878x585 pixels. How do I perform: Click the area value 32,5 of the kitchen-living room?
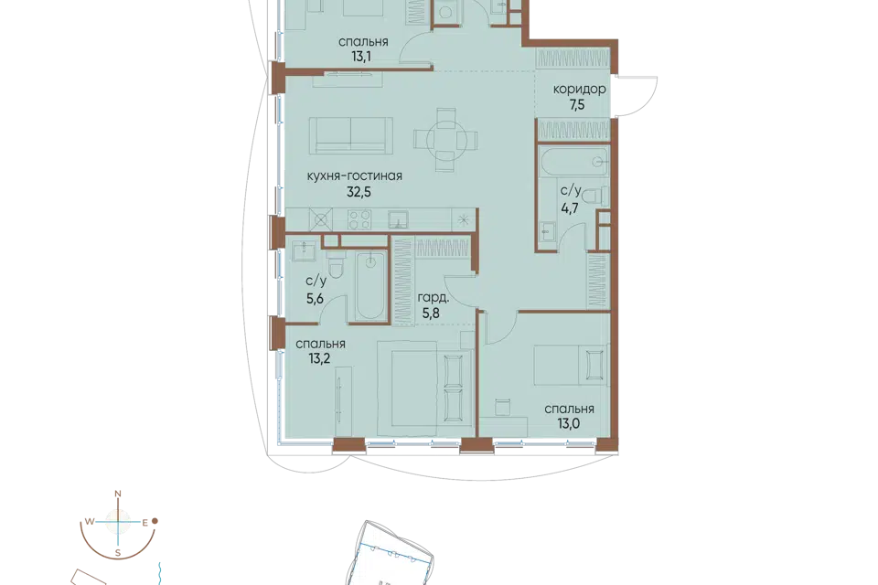359,192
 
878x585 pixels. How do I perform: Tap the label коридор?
580,89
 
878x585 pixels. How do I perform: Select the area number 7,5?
577,105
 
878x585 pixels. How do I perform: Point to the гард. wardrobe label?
434,298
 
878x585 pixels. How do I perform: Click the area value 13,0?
568,424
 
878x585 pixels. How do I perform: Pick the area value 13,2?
320,358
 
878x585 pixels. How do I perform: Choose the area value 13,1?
361,57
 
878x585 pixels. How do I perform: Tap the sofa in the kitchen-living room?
351,134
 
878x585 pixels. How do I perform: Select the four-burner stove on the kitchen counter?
359,218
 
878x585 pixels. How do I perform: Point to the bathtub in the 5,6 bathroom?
370,286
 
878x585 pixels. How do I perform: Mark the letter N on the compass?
118,494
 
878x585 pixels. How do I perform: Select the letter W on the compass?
89,522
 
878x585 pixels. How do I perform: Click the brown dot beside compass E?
155,521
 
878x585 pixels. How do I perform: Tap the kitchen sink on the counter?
398,219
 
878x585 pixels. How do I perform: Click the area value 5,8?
431,314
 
